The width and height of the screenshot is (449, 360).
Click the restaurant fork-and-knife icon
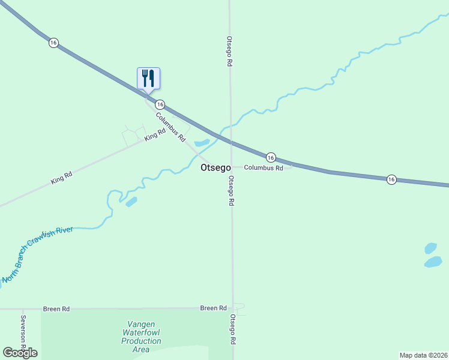(148, 79)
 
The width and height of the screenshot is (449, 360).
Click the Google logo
(20, 352)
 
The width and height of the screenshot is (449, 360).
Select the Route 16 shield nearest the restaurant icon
(160, 104)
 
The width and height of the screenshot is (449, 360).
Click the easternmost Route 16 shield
(391, 179)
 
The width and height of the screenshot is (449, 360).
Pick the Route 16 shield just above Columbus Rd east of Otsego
(271, 157)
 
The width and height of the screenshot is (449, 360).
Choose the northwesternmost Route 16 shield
(54, 43)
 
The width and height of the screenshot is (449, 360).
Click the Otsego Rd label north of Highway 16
(229, 52)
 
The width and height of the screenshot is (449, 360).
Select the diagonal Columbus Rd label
(170, 127)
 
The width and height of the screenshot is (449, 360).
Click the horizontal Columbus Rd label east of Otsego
(263, 169)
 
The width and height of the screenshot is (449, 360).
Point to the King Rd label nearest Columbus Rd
(154, 136)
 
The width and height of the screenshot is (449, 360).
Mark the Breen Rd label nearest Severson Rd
(56, 309)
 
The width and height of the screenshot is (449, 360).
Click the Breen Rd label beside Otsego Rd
(213, 308)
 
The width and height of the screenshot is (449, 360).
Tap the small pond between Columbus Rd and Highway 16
(201, 143)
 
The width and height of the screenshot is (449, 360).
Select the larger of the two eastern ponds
(433, 262)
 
